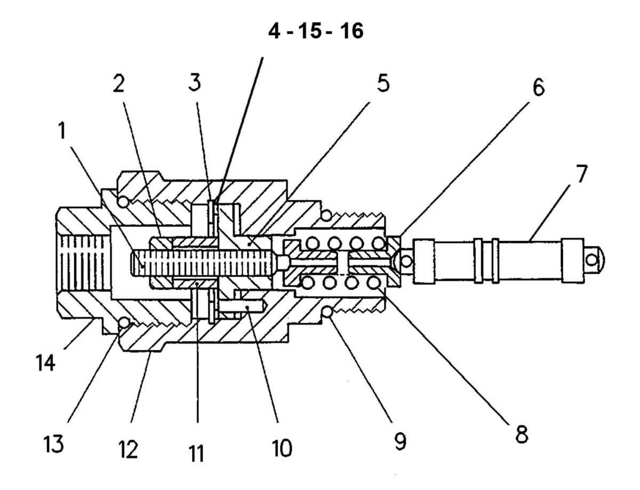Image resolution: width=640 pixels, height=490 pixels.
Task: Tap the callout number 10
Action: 282,448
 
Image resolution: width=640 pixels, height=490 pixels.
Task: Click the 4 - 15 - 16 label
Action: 315,31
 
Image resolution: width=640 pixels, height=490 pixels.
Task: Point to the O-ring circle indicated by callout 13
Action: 125,323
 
